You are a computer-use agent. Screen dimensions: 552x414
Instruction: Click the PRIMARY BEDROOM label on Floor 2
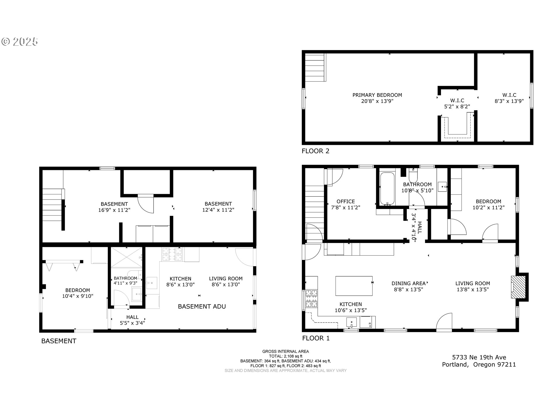click(x=377, y=95)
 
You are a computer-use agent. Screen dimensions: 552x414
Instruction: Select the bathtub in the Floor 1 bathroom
click(x=387, y=188)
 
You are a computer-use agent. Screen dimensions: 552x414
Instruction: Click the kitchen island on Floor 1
click(x=354, y=286)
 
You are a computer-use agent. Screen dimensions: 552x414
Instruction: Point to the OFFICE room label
click(x=346, y=201)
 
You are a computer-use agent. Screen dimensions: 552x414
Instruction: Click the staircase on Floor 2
click(x=315, y=67)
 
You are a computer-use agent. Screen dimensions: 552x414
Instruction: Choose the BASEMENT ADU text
click(x=202, y=306)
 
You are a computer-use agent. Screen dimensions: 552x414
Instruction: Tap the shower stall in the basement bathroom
click(x=126, y=258)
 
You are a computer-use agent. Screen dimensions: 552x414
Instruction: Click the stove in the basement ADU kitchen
click(x=172, y=254)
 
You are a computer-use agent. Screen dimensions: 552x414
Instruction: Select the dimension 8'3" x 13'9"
click(x=509, y=101)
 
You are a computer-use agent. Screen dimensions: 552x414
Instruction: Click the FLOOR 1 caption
click(x=316, y=338)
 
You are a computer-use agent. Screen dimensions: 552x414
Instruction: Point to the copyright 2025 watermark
click(x=20, y=42)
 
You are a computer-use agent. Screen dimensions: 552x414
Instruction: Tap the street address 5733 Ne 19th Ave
click(x=479, y=357)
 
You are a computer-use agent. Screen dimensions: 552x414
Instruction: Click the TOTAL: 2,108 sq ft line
click(x=285, y=356)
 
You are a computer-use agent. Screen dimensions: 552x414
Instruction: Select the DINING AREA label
click(x=408, y=283)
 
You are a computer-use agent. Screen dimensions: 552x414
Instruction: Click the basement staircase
click(x=53, y=208)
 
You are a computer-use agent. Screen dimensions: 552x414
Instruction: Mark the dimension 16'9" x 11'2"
click(x=114, y=210)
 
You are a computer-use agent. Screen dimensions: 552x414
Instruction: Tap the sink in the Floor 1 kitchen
click(x=351, y=322)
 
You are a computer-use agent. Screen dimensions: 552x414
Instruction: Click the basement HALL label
click(x=132, y=317)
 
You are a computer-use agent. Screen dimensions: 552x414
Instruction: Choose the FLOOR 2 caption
click(x=315, y=151)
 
